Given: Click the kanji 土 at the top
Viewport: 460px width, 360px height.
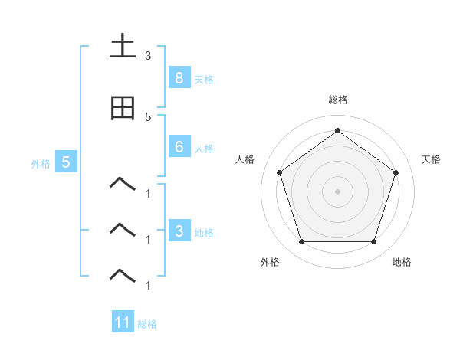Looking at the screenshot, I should click(123, 47).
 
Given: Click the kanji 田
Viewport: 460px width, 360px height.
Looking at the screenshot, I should click(123, 108).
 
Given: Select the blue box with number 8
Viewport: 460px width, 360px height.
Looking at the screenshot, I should click(179, 77).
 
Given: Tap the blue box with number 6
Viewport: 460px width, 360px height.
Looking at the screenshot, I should click(179, 147).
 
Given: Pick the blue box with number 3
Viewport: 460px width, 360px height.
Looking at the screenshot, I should click(179, 231).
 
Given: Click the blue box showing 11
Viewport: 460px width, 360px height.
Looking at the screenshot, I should click(123, 322).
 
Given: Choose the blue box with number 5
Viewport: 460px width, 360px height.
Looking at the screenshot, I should click(66, 162).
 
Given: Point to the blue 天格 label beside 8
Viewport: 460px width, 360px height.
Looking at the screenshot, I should click(204, 79).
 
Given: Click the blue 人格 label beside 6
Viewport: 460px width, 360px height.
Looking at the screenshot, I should click(204, 149).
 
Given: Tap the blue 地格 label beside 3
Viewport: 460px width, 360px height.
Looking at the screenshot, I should click(204, 232).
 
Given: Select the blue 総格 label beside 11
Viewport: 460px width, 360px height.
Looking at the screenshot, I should click(147, 324).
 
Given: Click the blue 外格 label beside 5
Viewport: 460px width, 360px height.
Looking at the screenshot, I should click(41, 163).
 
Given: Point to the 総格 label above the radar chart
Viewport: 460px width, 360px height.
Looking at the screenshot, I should click(337, 100).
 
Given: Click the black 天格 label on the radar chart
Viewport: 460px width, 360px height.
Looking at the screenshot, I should click(432, 159).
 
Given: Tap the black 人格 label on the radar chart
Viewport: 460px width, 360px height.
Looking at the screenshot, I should click(245, 159).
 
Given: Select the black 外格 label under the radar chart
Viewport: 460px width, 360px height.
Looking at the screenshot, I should click(270, 262).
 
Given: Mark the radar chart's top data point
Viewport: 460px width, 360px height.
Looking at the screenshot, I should click(337, 130).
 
